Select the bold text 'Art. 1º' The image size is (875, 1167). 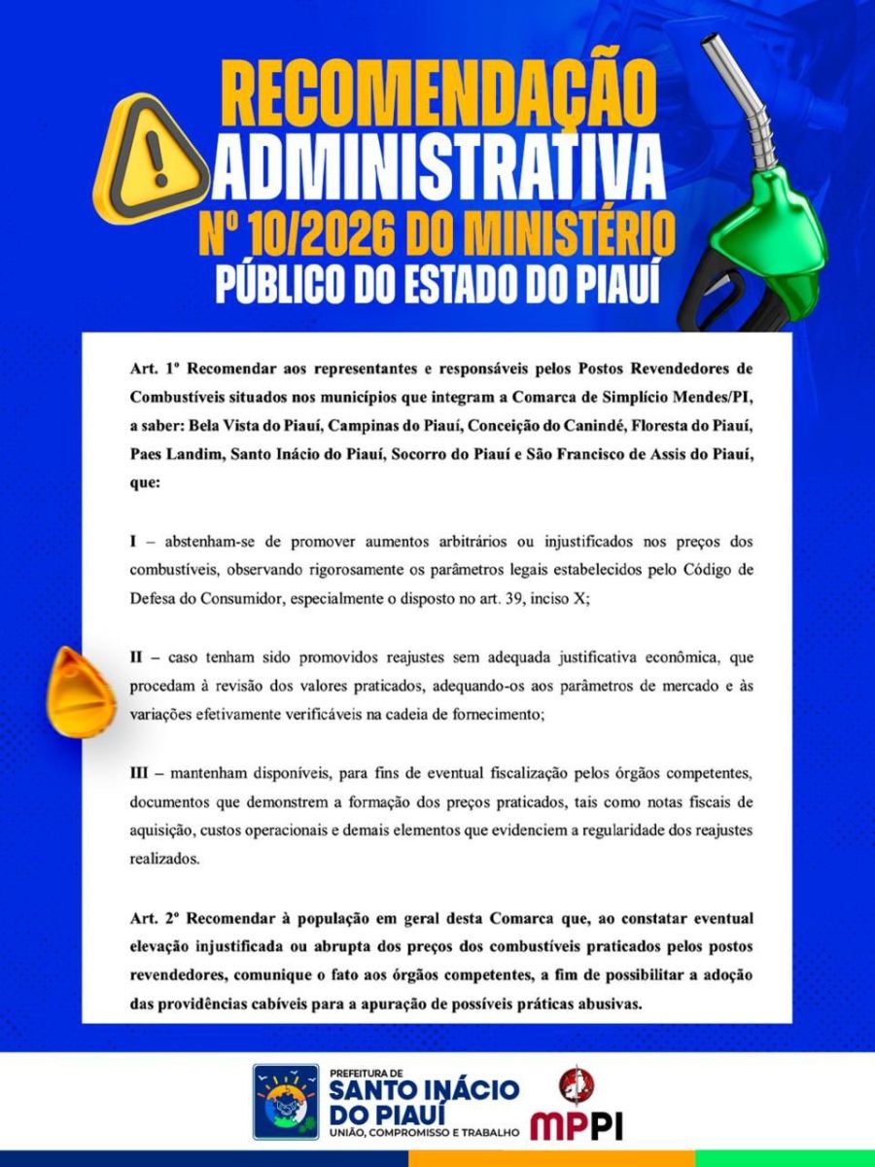(156, 371)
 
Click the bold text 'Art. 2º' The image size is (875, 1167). (156, 918)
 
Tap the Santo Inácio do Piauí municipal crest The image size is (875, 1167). (286, 1101)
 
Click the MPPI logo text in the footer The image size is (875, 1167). (577, 1125)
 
